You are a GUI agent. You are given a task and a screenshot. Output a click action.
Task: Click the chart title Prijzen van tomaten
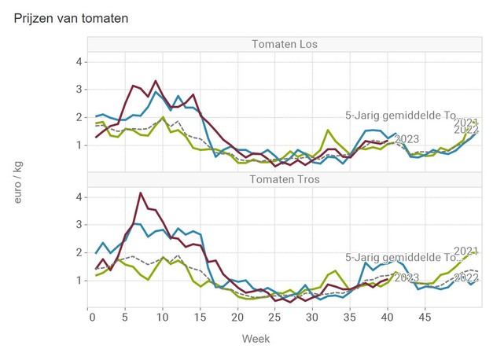click(72, 17)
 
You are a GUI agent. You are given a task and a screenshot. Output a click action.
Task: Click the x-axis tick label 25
click(274, 318)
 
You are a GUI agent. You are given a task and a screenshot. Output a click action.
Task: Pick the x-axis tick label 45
click(424, 318)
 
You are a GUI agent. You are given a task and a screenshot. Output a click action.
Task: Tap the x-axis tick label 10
click(162, 318)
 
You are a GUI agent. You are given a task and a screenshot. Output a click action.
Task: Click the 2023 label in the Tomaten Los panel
click(407, 139)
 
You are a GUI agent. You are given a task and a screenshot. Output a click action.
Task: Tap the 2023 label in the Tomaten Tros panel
click(407, 277)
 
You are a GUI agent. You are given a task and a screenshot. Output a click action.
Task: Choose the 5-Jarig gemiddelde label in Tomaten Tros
click(400, 257)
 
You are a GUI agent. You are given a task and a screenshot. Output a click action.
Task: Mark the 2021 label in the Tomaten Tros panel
click(466, 251)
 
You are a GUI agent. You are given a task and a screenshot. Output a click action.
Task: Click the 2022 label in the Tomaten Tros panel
click(466, 277)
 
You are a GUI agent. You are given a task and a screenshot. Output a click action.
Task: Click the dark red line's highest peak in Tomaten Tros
click(140, 193)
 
